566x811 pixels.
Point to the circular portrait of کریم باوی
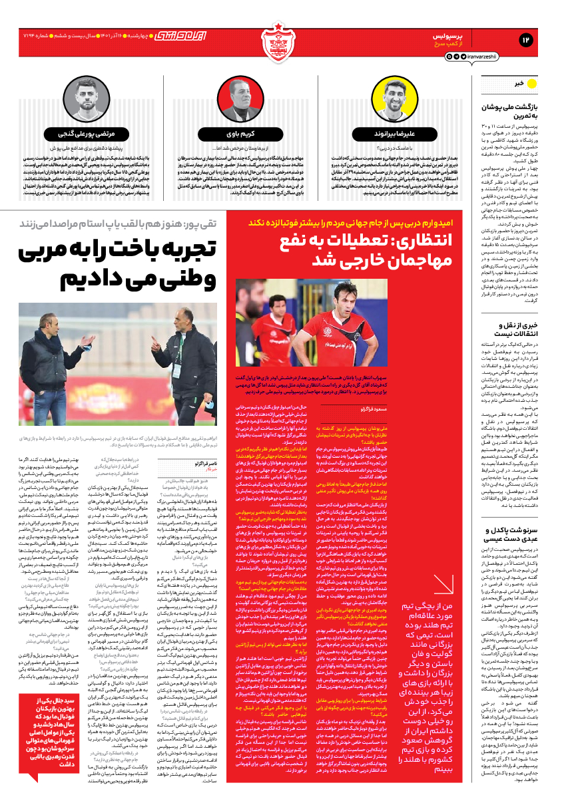tap(242, 98)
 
